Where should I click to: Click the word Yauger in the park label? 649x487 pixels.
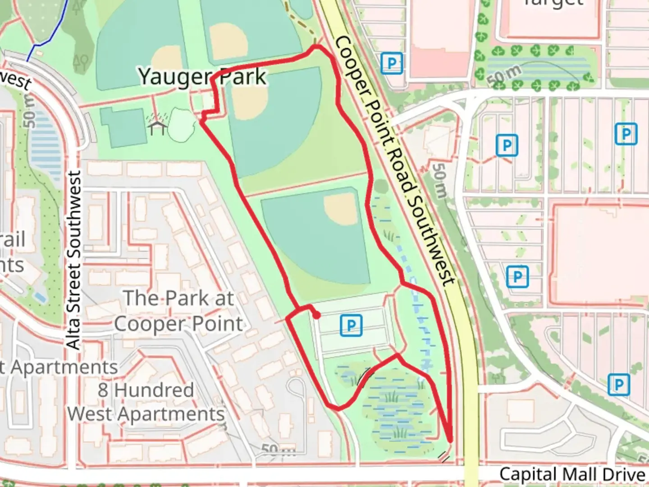[174, 77]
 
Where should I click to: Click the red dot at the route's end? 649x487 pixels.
[317, 316]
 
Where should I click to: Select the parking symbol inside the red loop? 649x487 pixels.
[351, 325]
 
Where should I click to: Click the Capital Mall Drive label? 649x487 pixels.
[572, 474]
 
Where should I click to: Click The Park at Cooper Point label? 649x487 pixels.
[178, 311]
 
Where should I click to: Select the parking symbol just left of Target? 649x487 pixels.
[391, 63]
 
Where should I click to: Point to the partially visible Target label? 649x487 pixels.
[553, 4]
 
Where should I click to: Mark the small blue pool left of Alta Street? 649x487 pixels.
[40, 297]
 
